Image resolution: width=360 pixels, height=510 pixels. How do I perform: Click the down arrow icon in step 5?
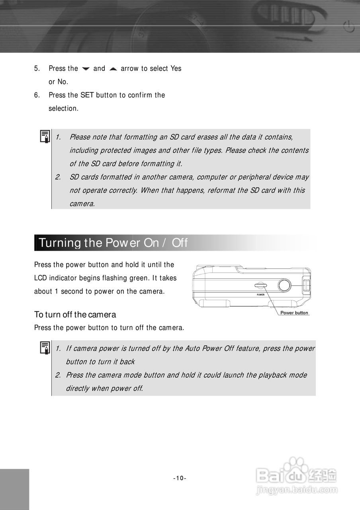tap(86, 69)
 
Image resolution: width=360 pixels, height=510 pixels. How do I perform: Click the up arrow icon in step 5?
tap(113, 69)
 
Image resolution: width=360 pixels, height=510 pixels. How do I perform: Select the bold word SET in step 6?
tap(87, 95)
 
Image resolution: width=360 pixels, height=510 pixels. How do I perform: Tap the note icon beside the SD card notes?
tap(45, 137)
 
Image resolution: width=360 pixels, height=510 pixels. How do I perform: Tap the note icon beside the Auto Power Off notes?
tap(45, 348)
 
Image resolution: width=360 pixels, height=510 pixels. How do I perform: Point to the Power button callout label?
tap(294, 313)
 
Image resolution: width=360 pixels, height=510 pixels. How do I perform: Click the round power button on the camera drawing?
tap(284, 285)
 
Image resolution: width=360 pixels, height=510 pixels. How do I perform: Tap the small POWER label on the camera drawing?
tap(260, 294)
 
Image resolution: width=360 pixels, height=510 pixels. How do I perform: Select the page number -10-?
tap(180, 478)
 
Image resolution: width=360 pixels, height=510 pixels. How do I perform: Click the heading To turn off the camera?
tap(75, 314)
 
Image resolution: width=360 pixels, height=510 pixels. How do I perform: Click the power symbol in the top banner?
tap(348, 27)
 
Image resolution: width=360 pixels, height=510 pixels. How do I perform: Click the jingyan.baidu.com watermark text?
tap(297, 490)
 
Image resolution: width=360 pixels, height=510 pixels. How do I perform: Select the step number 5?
tap(37, 69)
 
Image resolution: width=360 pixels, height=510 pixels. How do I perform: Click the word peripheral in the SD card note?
tap(256, 177)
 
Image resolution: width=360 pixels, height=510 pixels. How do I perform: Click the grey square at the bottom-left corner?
tap(14, 489)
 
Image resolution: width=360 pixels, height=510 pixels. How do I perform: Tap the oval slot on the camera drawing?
tap(260, 285)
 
